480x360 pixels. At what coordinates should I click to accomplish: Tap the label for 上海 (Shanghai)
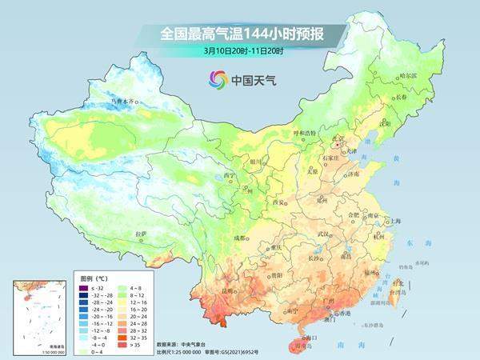394,198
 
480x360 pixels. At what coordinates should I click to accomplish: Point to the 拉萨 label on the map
141,234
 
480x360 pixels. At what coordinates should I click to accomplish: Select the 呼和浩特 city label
304,133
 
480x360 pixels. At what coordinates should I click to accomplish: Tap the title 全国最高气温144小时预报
239,34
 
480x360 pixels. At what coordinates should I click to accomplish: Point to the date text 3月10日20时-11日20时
239,53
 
